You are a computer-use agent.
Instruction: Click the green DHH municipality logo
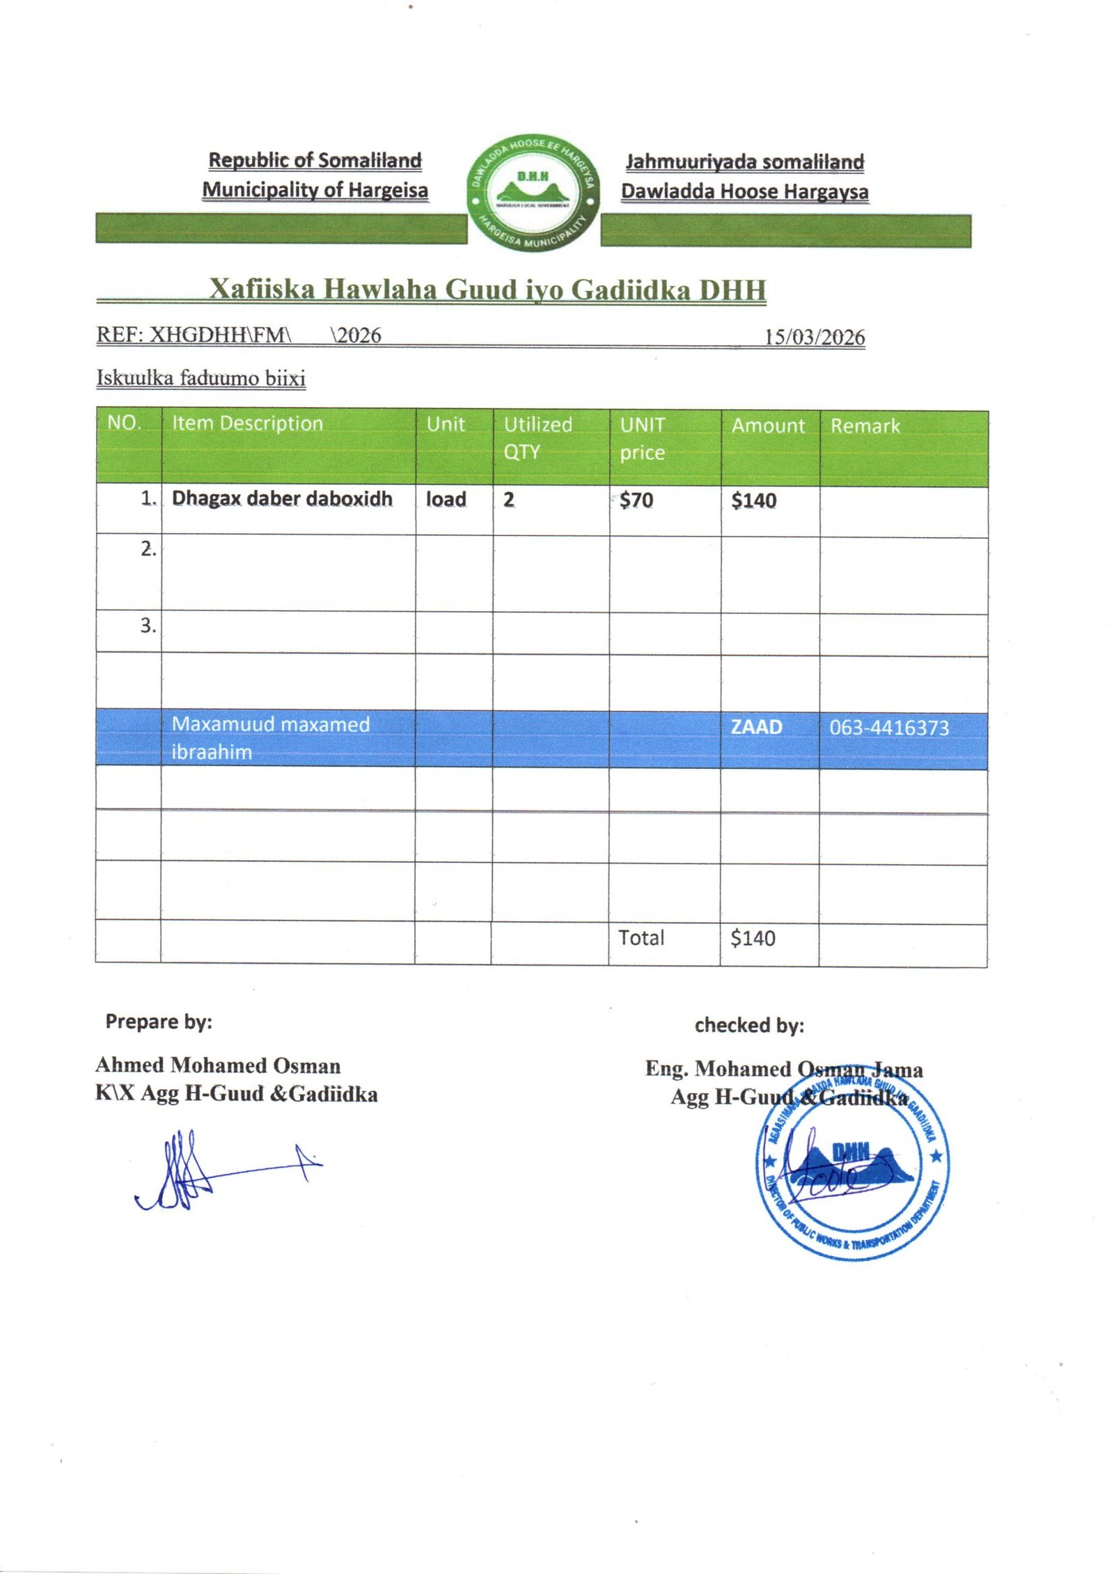click(533, 193)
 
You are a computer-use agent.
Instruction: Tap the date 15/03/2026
click(814, 337)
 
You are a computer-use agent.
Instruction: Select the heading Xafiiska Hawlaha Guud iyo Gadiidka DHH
click(487, 289)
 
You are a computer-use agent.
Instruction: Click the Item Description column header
click(247, 423)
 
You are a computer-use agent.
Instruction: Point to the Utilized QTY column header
click(538, 438)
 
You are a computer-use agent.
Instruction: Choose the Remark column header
click(865, 426)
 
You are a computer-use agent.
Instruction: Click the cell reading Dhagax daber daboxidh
click(282, 498)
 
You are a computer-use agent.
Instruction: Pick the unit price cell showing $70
click(636, 500)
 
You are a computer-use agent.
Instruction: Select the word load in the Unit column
click(446, 499)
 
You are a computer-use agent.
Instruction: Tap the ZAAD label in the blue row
click(756, 726)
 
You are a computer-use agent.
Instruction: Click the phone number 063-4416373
click(888, 728)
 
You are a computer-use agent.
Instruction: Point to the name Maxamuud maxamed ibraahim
click(270, 738)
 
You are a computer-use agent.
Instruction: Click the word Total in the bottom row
click(641, 938)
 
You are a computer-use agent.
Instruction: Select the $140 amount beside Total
click(753, 939)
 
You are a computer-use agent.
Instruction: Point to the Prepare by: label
click(159, 1021)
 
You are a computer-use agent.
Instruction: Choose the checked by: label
click(749, 1025)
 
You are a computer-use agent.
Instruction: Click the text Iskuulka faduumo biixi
click(201, 379)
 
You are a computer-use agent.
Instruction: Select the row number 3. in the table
click(148, 625)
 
